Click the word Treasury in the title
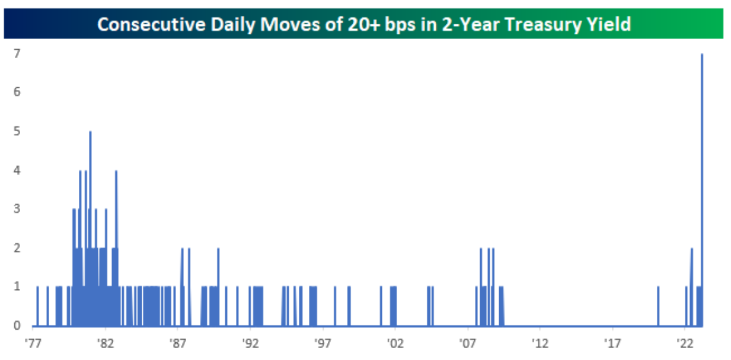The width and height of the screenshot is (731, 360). click(x=540, y=24)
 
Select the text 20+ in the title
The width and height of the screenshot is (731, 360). click(x=363, y=24)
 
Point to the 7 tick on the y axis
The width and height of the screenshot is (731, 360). click(x=17, y=53)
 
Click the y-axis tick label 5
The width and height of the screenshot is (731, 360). click(x=17, y=131)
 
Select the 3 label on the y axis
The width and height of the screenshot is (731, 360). click(x=17, y=209)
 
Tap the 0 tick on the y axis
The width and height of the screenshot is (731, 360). click(x=17, y=326)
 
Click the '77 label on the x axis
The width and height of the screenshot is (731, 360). click(x=33, y=343)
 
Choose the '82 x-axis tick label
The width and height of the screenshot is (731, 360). click(x=106, y=343)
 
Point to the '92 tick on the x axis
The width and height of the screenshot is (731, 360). click(x=250, y=343)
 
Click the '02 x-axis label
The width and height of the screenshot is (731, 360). click(x=395, y=343)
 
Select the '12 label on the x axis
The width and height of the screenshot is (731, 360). click(x=540, y=343)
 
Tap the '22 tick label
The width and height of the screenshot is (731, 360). click(x=685, y=343)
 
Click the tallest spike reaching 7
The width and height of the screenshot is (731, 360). click(x=702, y=189)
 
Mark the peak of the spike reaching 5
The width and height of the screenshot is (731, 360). click(x=90, y=132)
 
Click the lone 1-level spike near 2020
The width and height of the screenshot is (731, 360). click(x=658, y=306)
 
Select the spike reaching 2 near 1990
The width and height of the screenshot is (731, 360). click(x=218, y=287)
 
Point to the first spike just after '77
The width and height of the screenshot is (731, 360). click(x=37, y=306)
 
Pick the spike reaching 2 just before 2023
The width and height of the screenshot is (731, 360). click(x=691, y=287)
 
